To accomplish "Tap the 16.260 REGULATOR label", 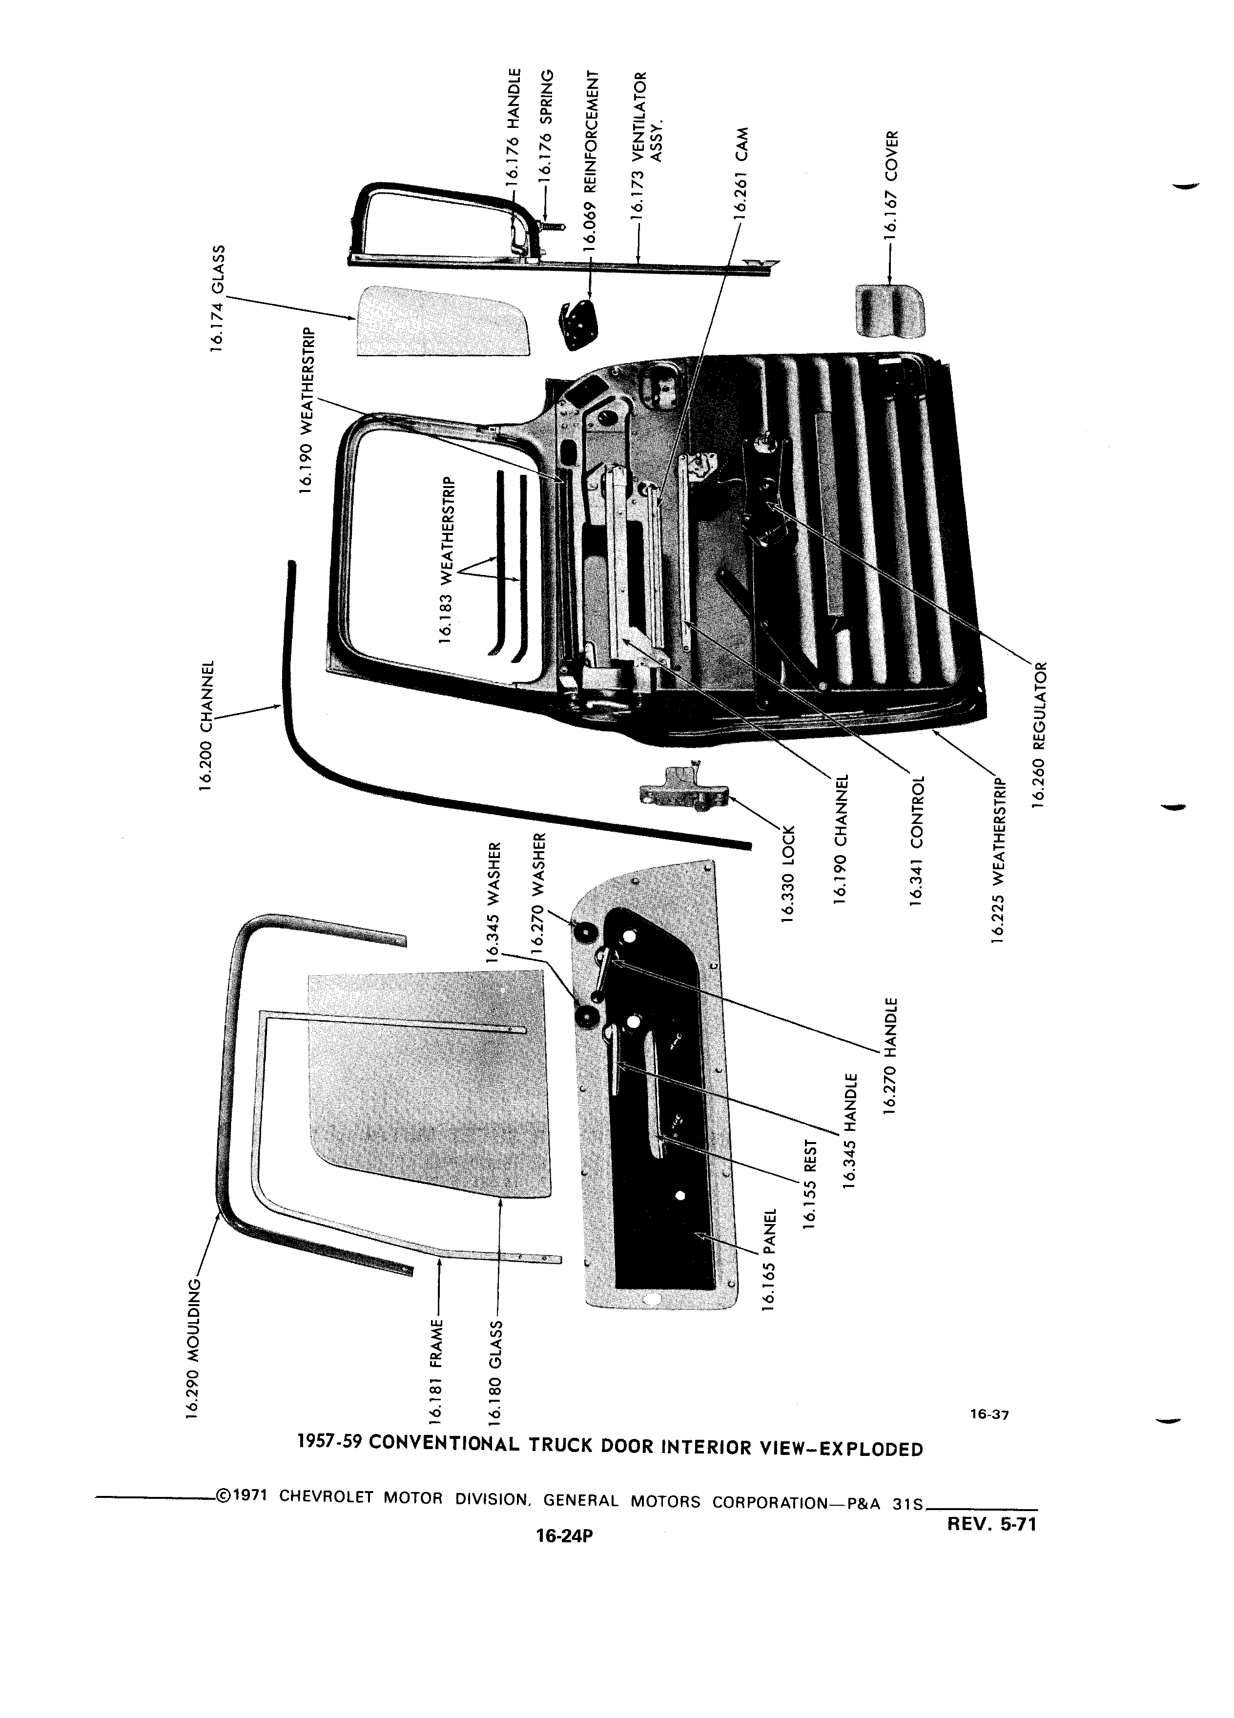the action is click(x=1041, y=734).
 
